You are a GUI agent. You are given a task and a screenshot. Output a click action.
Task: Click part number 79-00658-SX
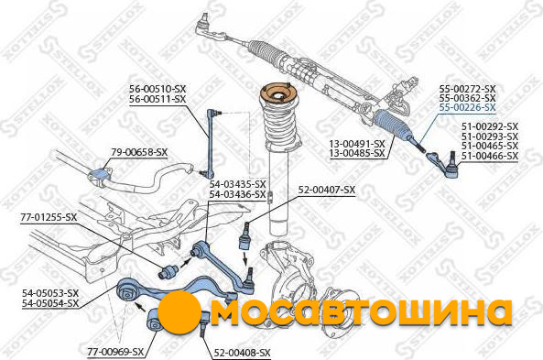[139, 152]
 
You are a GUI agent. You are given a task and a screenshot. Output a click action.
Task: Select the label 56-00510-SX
[157, 89]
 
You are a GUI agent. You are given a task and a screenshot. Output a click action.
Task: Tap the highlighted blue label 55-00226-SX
[468, 107]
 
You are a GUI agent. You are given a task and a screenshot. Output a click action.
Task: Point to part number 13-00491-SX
[357, 144]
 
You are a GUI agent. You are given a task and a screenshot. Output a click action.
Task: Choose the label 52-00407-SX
[327, 190]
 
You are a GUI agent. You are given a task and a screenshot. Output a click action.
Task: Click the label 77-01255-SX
[49, 218]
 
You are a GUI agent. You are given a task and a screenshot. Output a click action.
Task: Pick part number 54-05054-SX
[50, 303]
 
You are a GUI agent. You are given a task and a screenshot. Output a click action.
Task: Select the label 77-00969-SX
[115, 352]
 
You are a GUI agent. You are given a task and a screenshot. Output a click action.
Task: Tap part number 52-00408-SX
[242, 353]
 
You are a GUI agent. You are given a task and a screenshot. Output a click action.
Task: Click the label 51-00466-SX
[490, 157]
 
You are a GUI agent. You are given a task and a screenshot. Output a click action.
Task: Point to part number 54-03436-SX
[237, 195]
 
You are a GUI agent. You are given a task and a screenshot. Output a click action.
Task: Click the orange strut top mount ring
[279, 94]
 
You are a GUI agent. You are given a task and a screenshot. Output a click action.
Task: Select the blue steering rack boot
[392, 125]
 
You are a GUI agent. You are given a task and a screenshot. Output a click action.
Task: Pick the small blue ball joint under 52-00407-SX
[245, 237]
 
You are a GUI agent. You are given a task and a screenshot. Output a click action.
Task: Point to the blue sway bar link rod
[212, 141]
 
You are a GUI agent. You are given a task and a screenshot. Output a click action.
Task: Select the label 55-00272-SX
[468, 89]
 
